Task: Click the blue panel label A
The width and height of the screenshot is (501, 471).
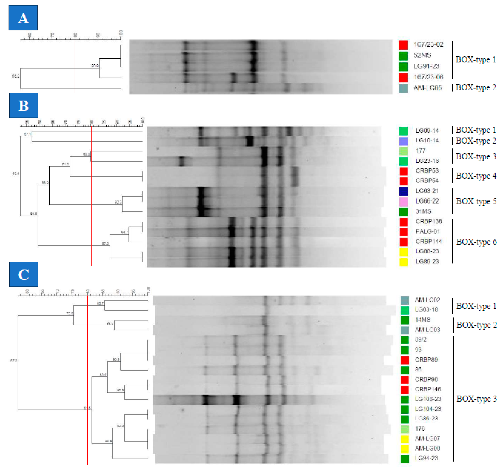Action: coord(23,18)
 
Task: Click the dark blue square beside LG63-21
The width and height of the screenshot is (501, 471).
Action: coord(403,191)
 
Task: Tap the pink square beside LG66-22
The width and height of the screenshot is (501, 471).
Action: coord(403,202)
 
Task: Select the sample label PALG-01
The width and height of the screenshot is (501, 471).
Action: coord(428,231)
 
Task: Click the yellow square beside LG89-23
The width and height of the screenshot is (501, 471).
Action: coord(403,262)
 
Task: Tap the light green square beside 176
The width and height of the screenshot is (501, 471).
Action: coord(405,429)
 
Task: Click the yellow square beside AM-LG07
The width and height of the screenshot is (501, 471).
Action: coord(405,439)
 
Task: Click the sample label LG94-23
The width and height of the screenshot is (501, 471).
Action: coord(426,458)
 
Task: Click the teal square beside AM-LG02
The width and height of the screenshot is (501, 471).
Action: coord(405,300)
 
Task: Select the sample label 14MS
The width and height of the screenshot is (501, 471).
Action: coord(423,320)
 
